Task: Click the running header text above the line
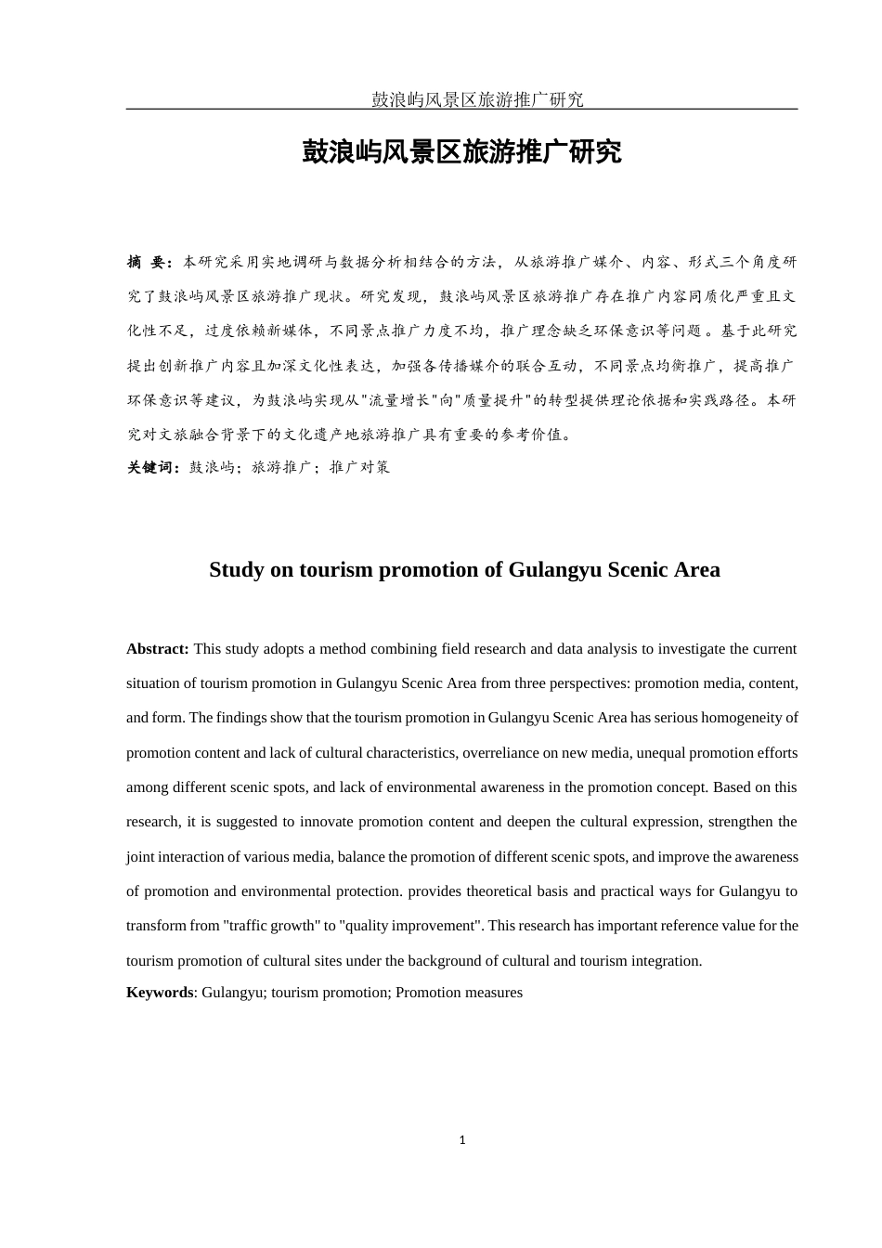pyautogui.click(x=477, y=99)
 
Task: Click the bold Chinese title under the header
pyautogui.click(x=461, y=152)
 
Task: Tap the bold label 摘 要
pyautogui.click(x=149, y=263)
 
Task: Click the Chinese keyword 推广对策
pyautogui.click(x=359, y=467)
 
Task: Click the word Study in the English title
pyautogui.click(x=237, y=569)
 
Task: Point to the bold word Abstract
pyautogui.click(x=158, y=649)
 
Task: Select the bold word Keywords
pyautogui.click(x=160, y=993)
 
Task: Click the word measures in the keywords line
pyautogui.click(x=493, y=993)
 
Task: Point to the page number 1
pyautogui.click(x=462, y=1140)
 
